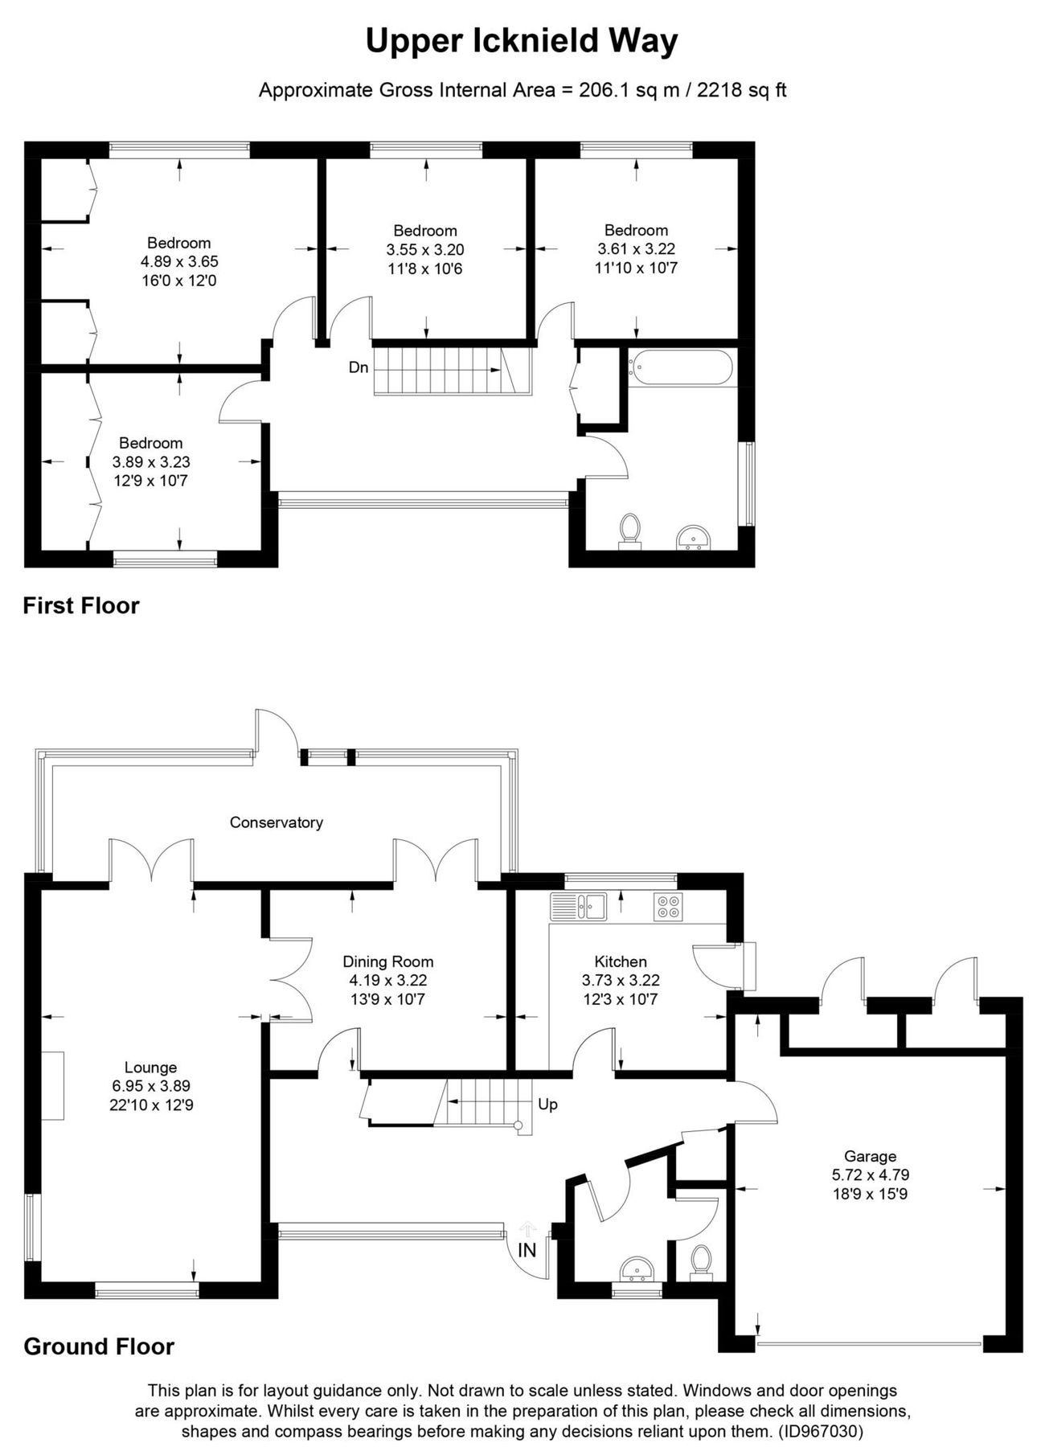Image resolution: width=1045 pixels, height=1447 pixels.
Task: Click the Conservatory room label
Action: click(x=276, y=822)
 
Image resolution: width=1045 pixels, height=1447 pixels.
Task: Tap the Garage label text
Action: click(x=870, y=1156)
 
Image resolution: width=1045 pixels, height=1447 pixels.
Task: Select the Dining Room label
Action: click(x=387, y=961)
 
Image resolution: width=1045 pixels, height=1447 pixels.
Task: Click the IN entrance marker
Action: click(x=527, y=1250)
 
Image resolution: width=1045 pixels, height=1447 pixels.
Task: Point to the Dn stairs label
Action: click(x=359, y=367)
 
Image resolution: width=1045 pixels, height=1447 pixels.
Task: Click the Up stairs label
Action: click(x=547, y=1105)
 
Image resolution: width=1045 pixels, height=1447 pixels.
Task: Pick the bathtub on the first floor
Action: click(x=681, y=367)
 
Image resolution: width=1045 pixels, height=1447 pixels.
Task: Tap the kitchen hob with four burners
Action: click(x=669, y=907)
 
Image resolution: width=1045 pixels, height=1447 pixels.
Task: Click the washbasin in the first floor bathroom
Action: click(x=693, y=537)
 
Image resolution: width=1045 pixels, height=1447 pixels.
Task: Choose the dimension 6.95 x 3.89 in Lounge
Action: click(x=151, y=1086)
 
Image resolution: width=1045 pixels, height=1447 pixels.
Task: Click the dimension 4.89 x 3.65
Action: click(x=179, y=261)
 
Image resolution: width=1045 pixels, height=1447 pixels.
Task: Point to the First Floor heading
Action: click(x=81, y=605)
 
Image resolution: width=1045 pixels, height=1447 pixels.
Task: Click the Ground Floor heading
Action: click(x=99, y=1347)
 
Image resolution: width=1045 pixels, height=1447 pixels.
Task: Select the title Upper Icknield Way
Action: click(x=522, y=41)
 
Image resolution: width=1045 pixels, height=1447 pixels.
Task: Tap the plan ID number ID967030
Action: click(x=822, y=1432)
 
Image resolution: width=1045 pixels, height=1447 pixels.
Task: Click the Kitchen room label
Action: click(x=621, y=961)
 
